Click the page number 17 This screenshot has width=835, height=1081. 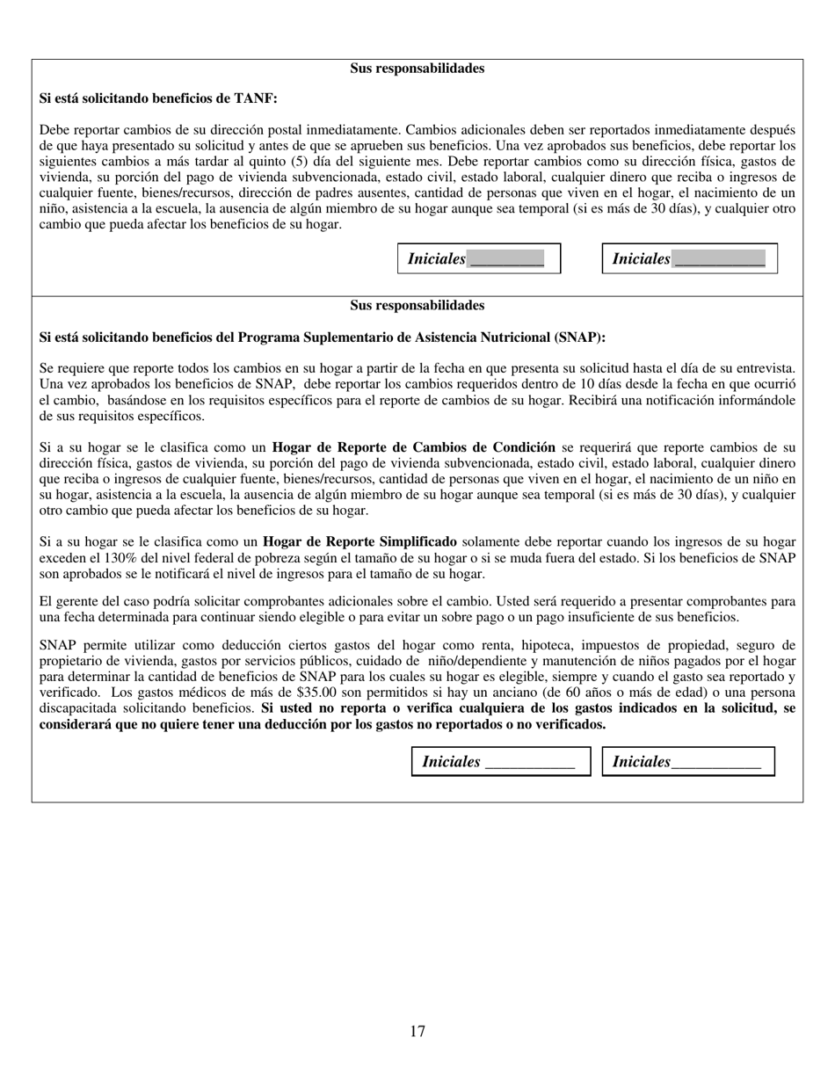(417, 1031)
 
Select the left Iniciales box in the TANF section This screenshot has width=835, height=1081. (479, 258)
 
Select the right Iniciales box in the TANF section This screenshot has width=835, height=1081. (689, 258)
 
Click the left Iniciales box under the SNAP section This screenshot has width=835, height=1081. (500, 762)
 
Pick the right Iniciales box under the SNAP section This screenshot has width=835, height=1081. (687, 762)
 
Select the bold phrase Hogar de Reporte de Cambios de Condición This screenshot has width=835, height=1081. (413, 446)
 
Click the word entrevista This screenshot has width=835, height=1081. (765, 368)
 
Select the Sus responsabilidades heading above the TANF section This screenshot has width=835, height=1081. (417, 69)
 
